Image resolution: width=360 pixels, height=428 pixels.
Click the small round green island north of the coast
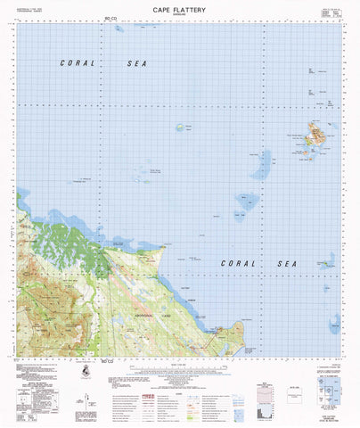click(186, 128)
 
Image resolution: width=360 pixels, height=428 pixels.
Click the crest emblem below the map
click(84, 371)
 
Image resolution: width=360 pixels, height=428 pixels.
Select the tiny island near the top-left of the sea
click(119, 29)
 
